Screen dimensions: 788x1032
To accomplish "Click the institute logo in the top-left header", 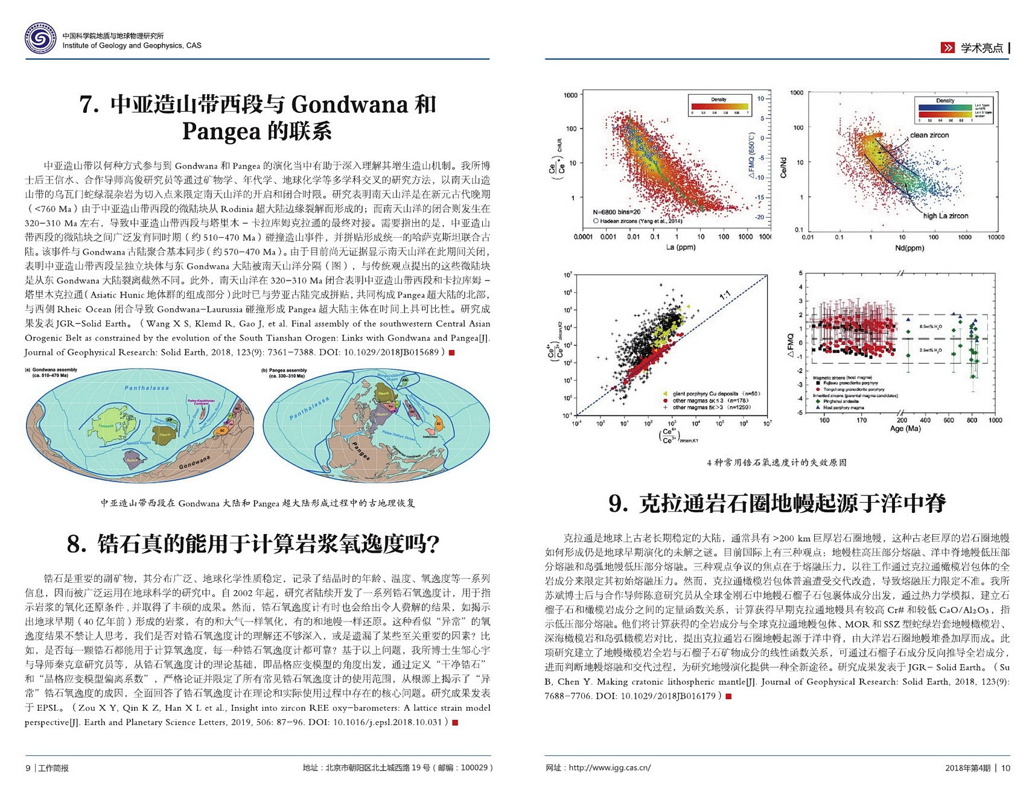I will [x=40, y=40].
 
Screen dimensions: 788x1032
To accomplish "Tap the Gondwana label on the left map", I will [x=194, y=462].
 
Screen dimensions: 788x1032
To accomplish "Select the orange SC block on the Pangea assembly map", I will [x=439, y=424].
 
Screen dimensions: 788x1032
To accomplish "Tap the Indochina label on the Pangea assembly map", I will [x=430, y=437].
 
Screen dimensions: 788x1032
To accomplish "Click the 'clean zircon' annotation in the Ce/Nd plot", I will [x=929, y=135].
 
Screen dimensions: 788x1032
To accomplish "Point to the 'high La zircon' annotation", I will [x=945, y=216].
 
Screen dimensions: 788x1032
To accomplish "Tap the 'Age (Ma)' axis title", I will [x=905, y=429].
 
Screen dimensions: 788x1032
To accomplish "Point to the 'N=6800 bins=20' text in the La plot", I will [x=617, y=212].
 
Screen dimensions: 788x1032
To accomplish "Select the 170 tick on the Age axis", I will [x=861, y=421].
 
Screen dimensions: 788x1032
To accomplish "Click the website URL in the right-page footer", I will [x=610, y=768].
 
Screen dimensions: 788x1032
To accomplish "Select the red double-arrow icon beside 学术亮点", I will [x=948, y=48].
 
